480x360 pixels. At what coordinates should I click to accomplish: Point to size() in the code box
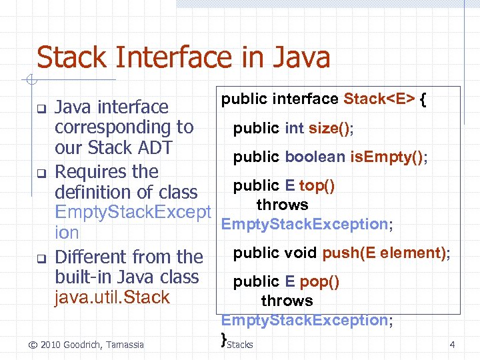(x=331, y=128)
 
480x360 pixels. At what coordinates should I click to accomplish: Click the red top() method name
(x=317, y=185)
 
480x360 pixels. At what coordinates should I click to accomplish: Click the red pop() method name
(x=319, y=281)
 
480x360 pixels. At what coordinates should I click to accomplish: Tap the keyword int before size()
(x=294, y=128)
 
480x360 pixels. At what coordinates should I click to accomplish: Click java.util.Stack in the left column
(x=112, y=297)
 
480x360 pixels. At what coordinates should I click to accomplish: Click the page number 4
(x=452, y=345)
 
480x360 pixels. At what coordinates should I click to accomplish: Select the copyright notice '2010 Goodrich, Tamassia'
(x=91, y=345)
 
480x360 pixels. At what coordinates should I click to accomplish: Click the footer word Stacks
(x=240, y=345)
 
